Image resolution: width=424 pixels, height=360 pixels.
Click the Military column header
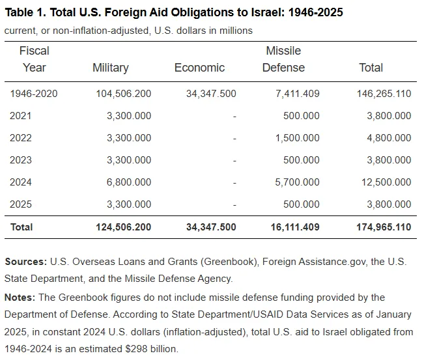click(111, 68)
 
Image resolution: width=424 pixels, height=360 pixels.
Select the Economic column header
click(199, 68)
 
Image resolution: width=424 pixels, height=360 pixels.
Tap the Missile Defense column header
click(283, 59)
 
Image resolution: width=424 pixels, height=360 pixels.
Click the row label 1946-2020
click(34, 94)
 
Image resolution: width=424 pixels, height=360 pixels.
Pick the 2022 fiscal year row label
click(21, 138)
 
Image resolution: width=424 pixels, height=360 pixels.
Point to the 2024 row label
click(21, 182)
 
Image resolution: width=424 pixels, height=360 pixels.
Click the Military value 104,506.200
click(124, 94)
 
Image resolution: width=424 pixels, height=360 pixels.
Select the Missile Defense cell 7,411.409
click(298, 94)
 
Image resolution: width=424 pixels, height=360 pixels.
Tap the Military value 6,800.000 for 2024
click(129, 182)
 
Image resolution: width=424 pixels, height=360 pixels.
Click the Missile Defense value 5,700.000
click(297, 182)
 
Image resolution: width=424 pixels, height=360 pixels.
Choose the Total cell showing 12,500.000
click(386, 182)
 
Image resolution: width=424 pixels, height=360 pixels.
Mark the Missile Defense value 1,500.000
click(298, 138)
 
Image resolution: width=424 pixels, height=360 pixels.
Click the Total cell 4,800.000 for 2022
click(389, 138)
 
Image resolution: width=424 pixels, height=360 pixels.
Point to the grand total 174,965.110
click(384, 227)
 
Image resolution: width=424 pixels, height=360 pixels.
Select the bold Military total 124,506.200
click(124, 227)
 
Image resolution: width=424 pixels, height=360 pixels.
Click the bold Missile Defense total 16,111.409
click(295, 227)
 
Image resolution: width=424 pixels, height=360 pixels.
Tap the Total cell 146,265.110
click(384, 94)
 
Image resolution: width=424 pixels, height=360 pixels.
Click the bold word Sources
click(25, 262)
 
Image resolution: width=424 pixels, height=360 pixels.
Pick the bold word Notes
click(20, 298)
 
